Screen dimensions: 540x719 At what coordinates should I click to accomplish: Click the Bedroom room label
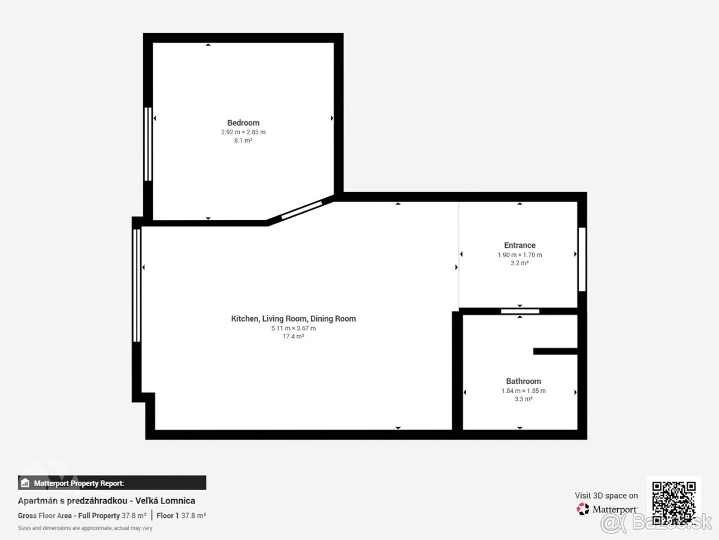(243, 123)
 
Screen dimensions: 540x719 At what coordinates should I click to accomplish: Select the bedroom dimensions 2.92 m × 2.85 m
(243, 132)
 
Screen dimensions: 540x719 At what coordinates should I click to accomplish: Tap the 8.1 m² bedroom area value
(243, 141)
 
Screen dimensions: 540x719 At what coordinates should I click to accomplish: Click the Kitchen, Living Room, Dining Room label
(294, 319)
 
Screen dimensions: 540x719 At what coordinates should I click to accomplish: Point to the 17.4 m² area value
(294, 337)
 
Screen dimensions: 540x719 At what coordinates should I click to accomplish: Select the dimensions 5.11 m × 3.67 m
(294, 328)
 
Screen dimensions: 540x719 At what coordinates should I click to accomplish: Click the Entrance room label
(519, 245)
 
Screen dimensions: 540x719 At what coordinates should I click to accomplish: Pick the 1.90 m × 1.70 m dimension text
(519, 254)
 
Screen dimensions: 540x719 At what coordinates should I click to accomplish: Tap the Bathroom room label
(523, 381)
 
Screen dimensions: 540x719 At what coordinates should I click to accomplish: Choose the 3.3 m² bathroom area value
(523, 399)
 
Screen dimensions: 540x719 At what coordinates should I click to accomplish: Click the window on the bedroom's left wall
(148, 144)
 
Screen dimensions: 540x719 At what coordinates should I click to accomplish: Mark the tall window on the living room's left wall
(137, 285)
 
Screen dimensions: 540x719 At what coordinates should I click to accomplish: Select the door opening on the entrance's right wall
(581, 259)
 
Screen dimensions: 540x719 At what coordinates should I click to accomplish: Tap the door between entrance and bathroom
(520, 311)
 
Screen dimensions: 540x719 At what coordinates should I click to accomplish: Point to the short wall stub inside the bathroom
(555, 351)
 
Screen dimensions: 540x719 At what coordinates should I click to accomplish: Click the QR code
(673, 502)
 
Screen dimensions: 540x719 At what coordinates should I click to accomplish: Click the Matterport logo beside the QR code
(608, 509)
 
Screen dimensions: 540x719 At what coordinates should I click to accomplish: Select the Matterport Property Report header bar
(112, 483)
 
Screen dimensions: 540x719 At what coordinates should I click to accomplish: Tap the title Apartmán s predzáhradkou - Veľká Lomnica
(107, 500)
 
